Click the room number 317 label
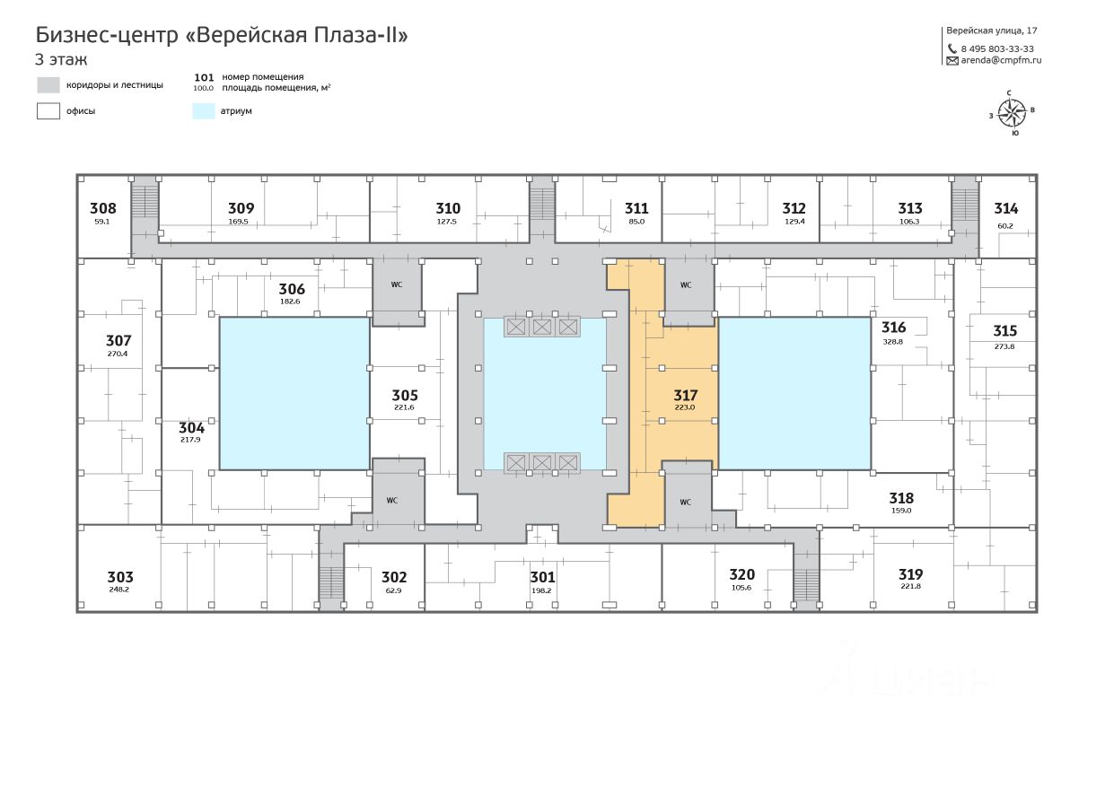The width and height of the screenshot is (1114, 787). pos(685,395)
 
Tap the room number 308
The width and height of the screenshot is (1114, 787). pos(103,208)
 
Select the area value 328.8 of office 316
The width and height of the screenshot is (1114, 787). pos(893,342)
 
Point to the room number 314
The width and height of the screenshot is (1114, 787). pos(1005,208)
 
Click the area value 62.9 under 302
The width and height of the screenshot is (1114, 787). pos(393,590)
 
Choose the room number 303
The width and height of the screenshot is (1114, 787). pos(120,577)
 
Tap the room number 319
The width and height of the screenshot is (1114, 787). pos(910,574)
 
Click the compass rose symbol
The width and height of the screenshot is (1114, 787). pos(1012,112)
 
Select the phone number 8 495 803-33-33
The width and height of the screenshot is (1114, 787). pos(996,49)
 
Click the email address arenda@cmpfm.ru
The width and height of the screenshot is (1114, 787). pos(1000,61)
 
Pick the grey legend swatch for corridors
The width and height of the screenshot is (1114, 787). pos(48,85)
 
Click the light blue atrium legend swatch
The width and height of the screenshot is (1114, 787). pos(204,111)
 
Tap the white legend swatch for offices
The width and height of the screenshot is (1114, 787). pos(48,111)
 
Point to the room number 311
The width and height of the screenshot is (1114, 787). pos(636,208)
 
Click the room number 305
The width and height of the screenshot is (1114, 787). pos(405,395)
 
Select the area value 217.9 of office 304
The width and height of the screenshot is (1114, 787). pos(191,440)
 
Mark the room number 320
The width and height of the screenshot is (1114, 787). pos(741,574)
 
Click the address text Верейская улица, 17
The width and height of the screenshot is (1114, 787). pos(992,31)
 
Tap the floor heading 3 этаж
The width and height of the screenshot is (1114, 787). pos(61,60)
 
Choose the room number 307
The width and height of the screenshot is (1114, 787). pos(118,340)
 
